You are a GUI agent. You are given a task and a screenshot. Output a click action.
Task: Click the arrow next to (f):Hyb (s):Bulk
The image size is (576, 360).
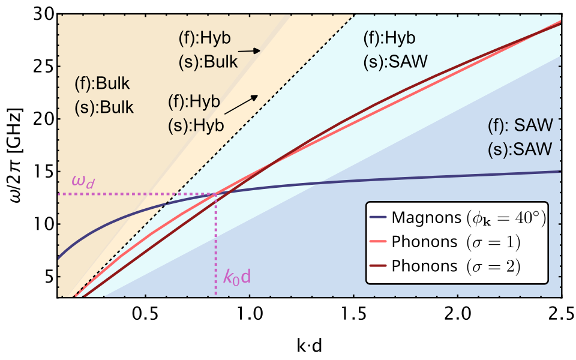point(251,52)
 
